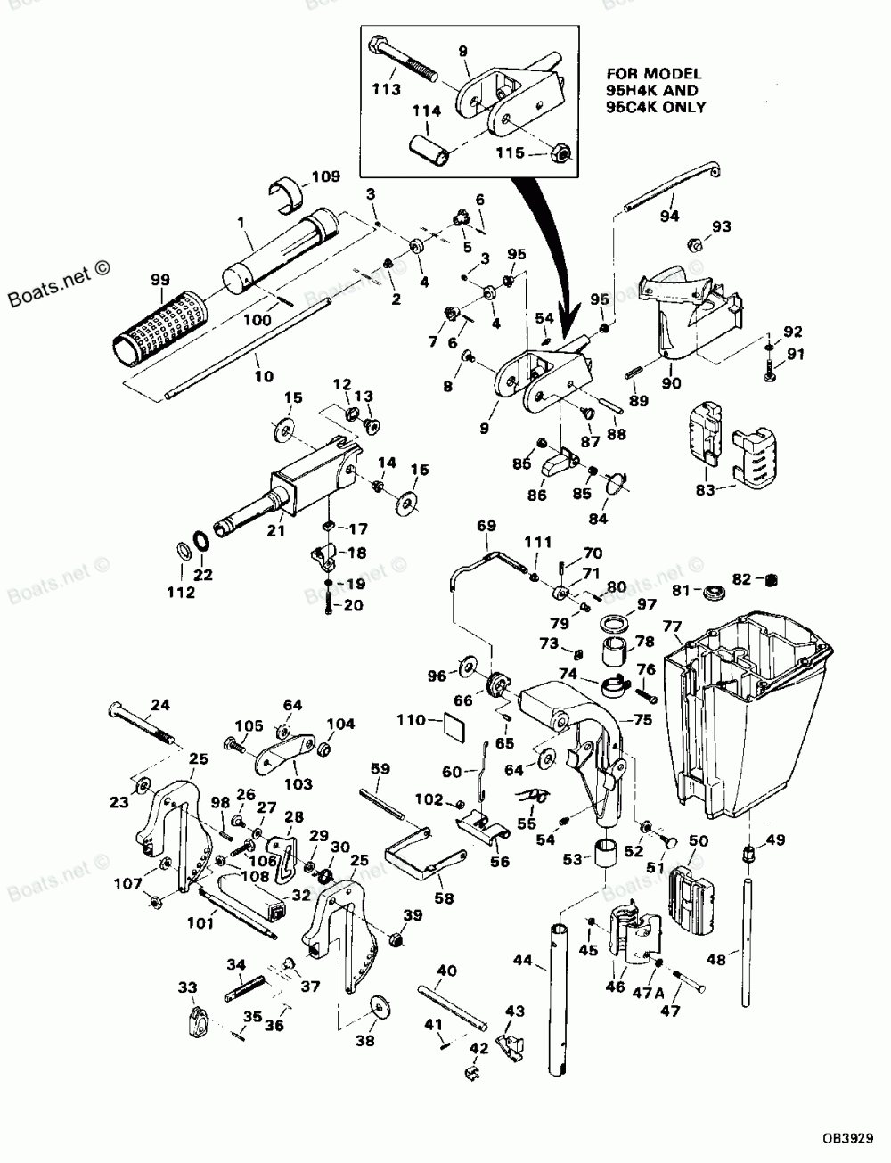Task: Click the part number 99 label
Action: pyautogui.click(x=160, y=279)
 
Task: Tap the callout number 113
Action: pyautogui.click(x=387, y=89)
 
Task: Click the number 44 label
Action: pyautogui.click(x=522, y=960)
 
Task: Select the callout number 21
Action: pyautogui.click(x=276, y=530)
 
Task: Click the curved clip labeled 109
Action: pyautogui.click(x=289, y=195)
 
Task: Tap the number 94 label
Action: pyautogui.click(x=669, y=216)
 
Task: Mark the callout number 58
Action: pyautogui.click(x=444, y=897)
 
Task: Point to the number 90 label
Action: pyautogui.click(x=671, y=382)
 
